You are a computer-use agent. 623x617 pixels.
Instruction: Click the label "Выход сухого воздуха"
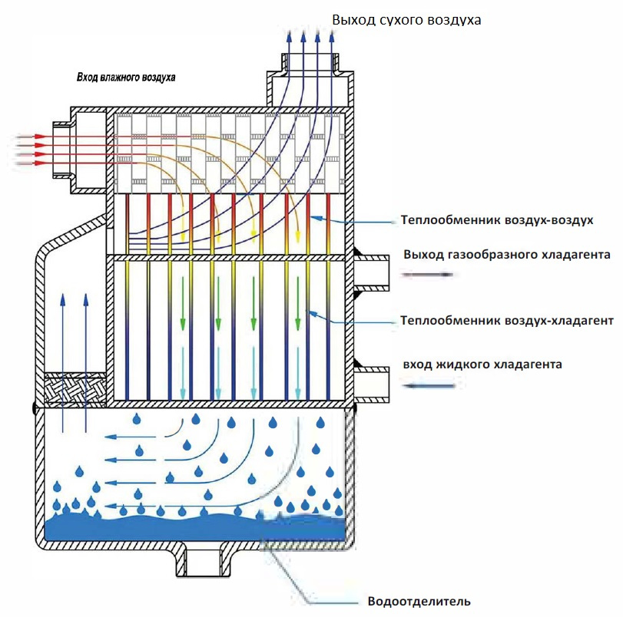coord(406,20)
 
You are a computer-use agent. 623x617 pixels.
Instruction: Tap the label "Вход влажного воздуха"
coord(126,78)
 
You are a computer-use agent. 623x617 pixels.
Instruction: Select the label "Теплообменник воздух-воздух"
coord(497,220)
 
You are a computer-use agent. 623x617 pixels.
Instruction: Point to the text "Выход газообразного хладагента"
coord(507,255)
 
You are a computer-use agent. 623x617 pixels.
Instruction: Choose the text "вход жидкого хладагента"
coord(482,364)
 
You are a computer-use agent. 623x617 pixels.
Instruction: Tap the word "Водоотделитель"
coord(419,601)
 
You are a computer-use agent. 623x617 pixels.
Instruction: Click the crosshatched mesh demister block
coord(74,390)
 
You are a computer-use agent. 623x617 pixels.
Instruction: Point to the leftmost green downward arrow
coord(183,303)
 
